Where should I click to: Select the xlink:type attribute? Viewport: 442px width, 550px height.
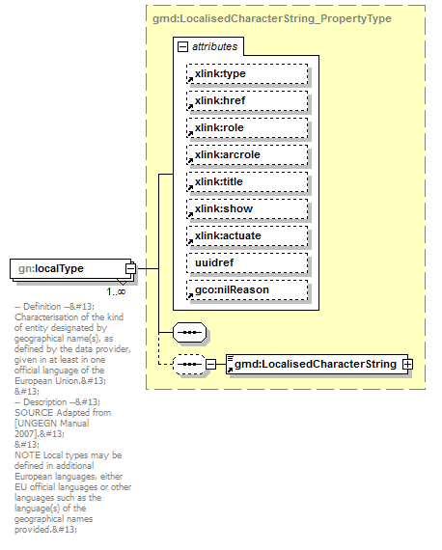pos(247,73)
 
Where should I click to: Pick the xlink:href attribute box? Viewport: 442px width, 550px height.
pos(247,100)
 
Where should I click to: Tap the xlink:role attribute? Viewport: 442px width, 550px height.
pos(247,127)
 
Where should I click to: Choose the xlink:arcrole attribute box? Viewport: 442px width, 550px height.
pos(247,154)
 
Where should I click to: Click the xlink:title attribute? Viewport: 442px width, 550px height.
pos(247,181)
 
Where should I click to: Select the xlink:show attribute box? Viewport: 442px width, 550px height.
pos(247,208)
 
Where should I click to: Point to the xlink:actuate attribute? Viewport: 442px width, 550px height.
pos(247,235)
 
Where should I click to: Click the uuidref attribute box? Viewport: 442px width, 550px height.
pos(247,262)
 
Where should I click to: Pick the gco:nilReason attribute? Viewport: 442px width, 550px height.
pos(247,289)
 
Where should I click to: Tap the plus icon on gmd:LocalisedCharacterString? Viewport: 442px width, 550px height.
pos(407,364)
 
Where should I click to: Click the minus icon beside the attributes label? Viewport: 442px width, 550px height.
pos(181,46)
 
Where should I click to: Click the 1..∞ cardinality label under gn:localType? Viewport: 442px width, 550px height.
pos(115,290)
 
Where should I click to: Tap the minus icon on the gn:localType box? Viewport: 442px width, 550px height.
pos(141,269)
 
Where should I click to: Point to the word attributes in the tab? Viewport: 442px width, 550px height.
pos(213,46)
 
